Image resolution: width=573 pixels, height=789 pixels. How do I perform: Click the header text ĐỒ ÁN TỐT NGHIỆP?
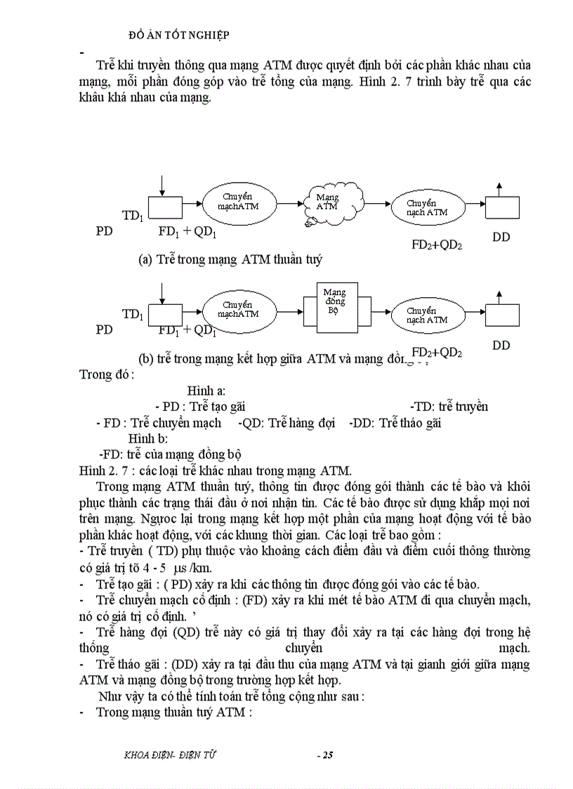point(180,34)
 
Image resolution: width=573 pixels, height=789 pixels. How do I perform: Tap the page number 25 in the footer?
point(324,755)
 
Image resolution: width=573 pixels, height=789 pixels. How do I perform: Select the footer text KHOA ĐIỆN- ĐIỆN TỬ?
point(169,755)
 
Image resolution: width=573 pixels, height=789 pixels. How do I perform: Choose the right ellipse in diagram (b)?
point(426,315)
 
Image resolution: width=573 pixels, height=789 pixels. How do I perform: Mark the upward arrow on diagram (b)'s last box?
point(499,296)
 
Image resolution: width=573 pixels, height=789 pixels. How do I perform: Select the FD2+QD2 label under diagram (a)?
point(436,245)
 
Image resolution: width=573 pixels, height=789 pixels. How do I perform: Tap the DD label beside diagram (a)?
point(501,237)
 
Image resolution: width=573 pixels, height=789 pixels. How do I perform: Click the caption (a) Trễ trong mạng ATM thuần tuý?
point(230,259)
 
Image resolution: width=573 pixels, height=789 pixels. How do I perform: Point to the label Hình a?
point(206,391)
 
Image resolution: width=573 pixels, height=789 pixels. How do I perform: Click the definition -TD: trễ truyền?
point(449,406)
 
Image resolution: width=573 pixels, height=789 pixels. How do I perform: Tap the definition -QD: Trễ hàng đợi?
point(289,423)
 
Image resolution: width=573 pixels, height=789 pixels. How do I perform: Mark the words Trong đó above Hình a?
point(107,374)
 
